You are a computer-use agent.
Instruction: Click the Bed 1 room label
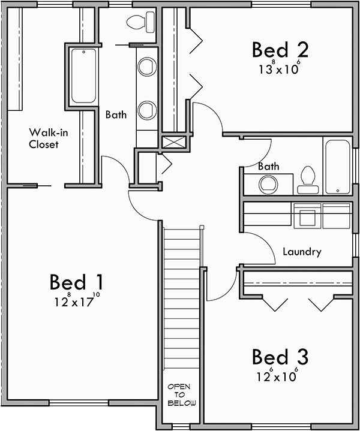(x=76, y=281)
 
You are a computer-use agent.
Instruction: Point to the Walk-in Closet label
(x=44, y=138)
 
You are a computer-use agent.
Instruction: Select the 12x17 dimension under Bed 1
(x=76, y=301)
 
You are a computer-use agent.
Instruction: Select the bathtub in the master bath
(x=83, y=76)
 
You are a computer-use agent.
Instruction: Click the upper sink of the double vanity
(x=146, y=67)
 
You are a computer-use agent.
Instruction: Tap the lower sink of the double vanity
(x=146, y=110)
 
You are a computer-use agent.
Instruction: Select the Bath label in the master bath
(x=116, y=114)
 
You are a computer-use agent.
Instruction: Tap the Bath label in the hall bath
(x=268, y=166)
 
